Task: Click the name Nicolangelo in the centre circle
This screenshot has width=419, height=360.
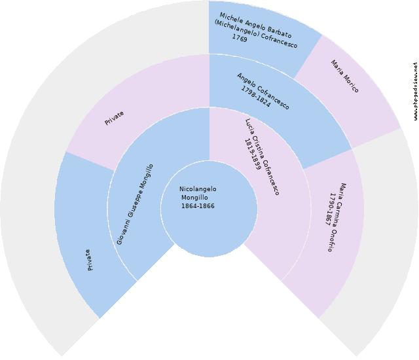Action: (x=198, y=190)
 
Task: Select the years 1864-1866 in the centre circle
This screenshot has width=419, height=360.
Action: (x=198, y=206)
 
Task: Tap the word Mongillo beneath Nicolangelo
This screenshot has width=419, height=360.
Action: (x=194, y=198)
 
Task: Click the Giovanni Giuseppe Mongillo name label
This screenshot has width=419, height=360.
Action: (x=136, y=205)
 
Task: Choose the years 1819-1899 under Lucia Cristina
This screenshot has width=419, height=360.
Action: (x=253, y=155)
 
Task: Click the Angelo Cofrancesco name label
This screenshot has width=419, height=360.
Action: (x=263, y=91)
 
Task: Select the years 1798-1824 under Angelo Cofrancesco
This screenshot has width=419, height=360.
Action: (x=255, y=95)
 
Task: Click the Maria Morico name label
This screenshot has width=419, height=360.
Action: (x=344, y=77)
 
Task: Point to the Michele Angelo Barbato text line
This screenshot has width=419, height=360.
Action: (x=255, y=26)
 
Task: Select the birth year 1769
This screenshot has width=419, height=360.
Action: (x=239, y=38)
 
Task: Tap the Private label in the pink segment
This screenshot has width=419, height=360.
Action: (x=114, y=118)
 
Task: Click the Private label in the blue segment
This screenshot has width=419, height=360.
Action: (x=89, y=260)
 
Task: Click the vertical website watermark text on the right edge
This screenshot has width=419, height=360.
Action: (x=415, y=92)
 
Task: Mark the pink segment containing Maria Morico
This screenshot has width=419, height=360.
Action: (x=354, y=92)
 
